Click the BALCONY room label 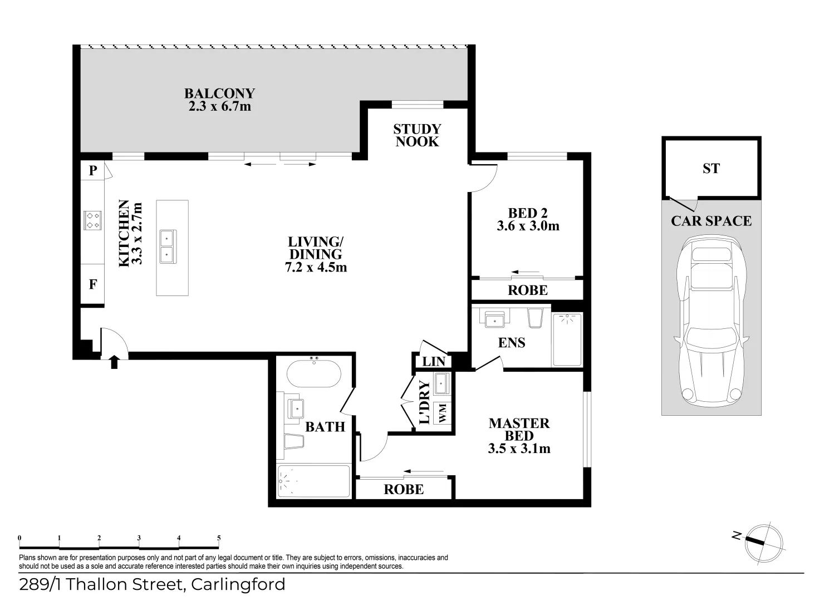coord(219,93)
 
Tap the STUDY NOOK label coord(417,135)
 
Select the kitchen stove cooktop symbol coord(92,220)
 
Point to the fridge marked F coord(93,284)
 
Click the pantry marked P coord(92,170)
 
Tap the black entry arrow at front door coord(114,362)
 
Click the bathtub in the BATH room coord(313,374)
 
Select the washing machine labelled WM coord(443,413)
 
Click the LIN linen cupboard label coord(434,362)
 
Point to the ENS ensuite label coord(512,342)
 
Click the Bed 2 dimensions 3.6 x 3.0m coord(528,226)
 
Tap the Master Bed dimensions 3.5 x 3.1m coord(519,449)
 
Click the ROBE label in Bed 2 coord(527,290)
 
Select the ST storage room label coord(711,169)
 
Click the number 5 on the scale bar coord(219,538)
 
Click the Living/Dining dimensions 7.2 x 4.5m coord(315,267)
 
